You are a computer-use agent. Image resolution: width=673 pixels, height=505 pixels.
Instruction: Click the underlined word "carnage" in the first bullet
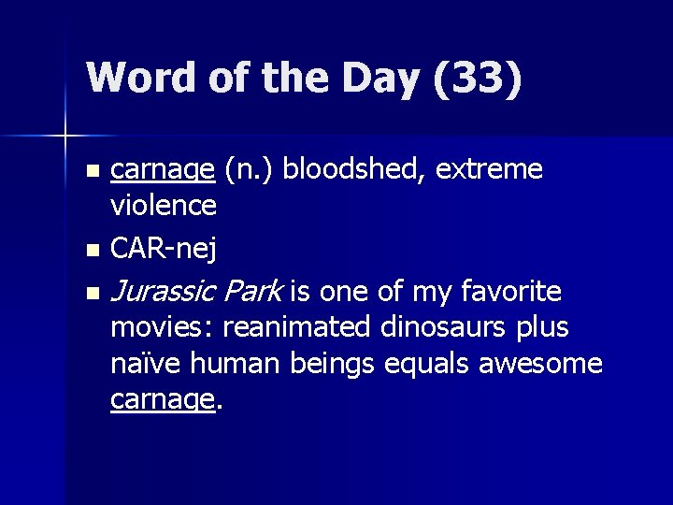pos(163,169)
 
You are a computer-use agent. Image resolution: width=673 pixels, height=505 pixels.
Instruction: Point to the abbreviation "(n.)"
pos(249,169)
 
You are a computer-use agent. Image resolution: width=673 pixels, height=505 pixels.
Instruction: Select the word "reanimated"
pos(298,328)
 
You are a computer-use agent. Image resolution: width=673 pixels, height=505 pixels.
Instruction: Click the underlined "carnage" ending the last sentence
pos(163,399)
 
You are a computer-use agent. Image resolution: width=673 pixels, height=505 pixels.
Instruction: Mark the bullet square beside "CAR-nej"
pos(91,251)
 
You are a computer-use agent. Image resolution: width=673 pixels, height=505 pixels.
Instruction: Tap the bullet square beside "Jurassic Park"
pos(91,295)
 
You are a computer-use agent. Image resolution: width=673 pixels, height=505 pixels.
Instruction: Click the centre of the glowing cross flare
pos(65,137)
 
